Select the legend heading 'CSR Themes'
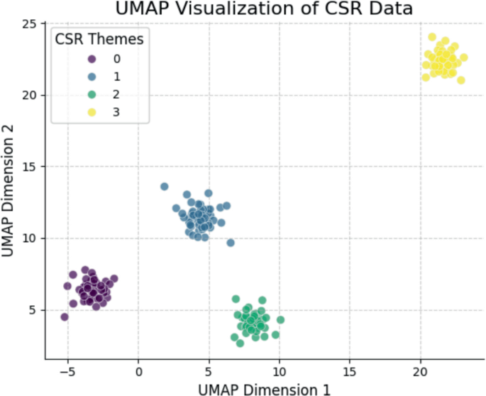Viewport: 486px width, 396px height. (x=99, y=40)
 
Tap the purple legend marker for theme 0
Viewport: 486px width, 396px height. (x=91, y=59)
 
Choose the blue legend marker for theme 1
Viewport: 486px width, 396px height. (x=91, y=76)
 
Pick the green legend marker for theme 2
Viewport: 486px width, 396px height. (x=91, y=93)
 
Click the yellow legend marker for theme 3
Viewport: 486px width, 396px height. (x=91, y=110)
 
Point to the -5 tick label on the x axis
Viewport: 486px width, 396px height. (x=68, y=370)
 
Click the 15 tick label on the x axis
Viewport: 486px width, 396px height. (x=349, y=370)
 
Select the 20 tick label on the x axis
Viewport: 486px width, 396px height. (x=420, y=370)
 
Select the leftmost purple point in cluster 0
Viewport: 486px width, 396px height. (x=65, y=317)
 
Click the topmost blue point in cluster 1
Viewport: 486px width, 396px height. (x=165, y=187)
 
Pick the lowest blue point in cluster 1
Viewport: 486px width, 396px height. (x=231, y=243)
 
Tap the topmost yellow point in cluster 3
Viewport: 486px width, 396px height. (x=432, y=37)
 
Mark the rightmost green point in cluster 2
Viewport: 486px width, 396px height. (x=280, y=320)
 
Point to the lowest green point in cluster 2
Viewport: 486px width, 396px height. (x=240, y=343)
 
